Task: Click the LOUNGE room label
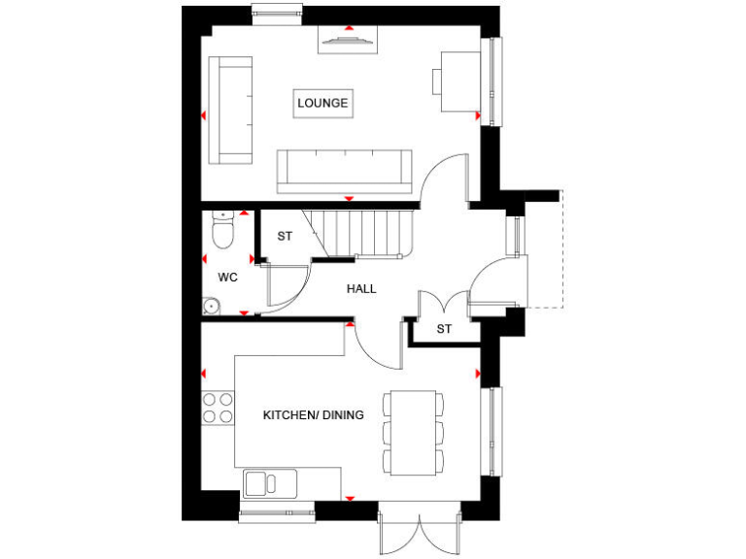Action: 322,103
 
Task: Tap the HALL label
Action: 361,289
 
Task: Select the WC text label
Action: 227,277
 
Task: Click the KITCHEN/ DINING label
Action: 313,415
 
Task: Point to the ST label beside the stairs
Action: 285,236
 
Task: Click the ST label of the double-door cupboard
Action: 444,330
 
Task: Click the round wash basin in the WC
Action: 210,307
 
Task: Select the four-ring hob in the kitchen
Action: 218,407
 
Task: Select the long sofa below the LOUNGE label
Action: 341,172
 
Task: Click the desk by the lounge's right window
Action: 458,82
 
